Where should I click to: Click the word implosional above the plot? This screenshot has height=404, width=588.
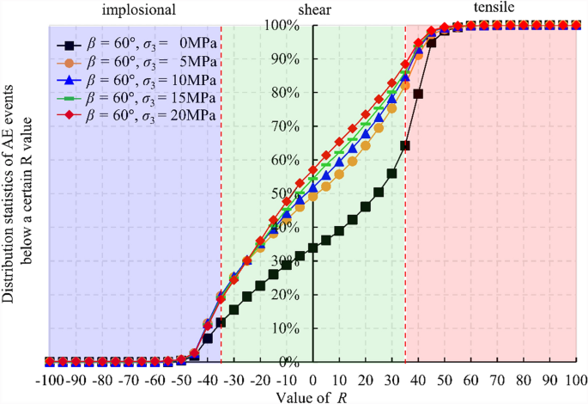[x=138, y=10]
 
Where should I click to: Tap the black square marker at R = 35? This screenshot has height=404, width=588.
[x=405, y=145]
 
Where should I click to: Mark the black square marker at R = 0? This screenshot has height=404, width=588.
[x=313, y=248]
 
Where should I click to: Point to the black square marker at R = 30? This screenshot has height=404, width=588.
[x=392, y=173]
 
